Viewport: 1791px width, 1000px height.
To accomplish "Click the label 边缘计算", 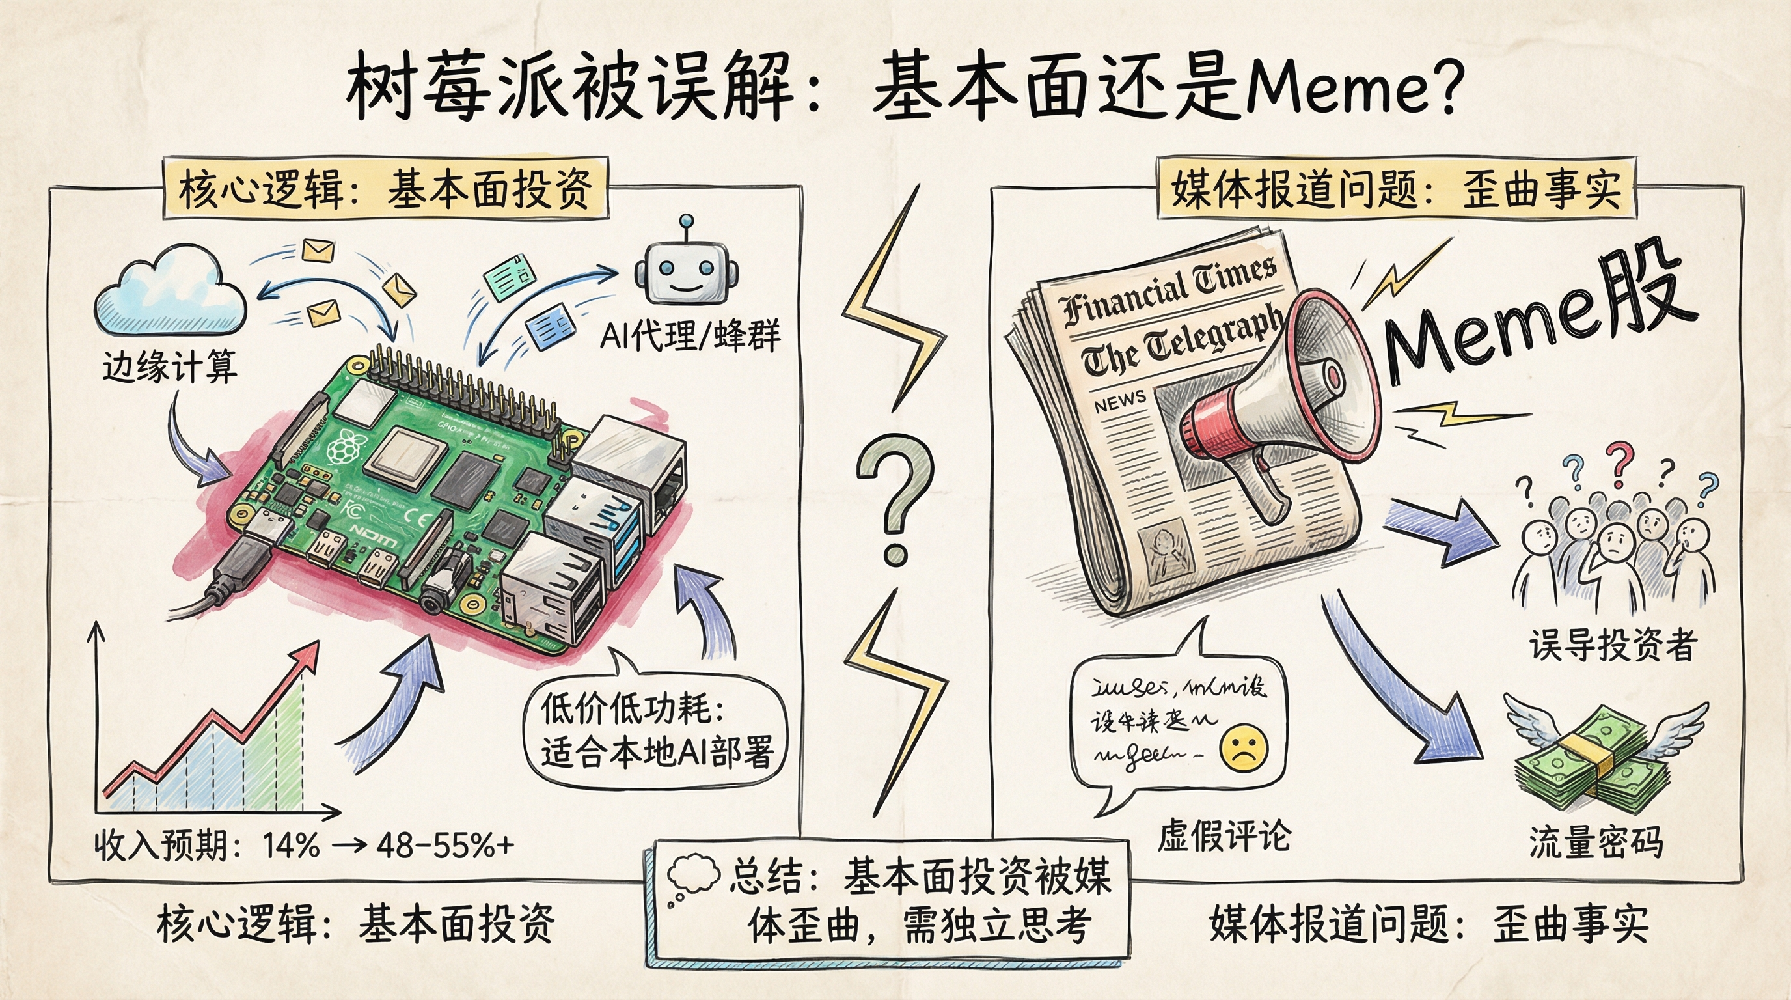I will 170,367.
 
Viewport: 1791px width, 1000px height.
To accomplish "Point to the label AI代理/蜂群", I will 690,336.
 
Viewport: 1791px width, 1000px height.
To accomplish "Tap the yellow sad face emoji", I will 1244,747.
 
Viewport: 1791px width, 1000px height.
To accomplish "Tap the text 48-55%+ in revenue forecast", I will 445,846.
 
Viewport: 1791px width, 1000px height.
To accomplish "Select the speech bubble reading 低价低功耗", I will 653,730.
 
